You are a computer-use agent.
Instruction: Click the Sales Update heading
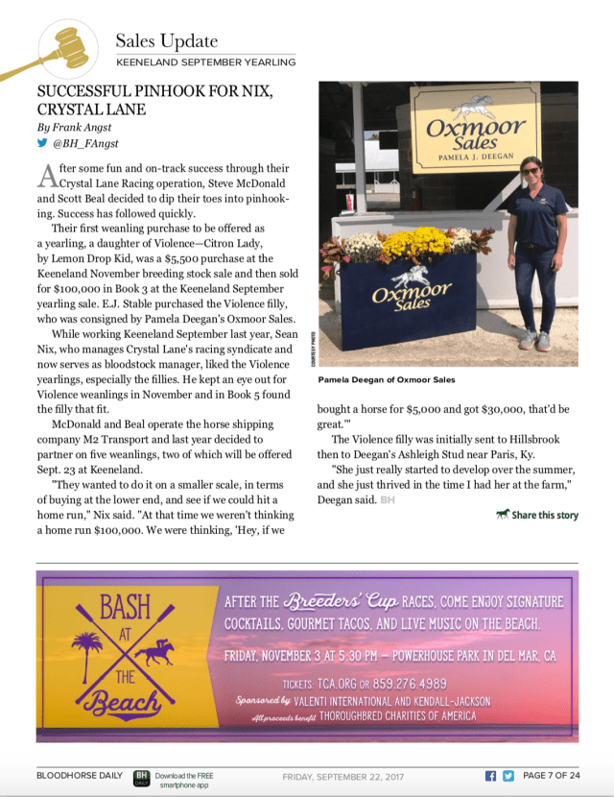click(166, 40)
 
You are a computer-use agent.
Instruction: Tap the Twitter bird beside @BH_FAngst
click(42, 143)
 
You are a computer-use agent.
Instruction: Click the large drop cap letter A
click(45, 176)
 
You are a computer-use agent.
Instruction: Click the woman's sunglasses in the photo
click(530, 170)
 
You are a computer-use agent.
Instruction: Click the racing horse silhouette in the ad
click(153, 654)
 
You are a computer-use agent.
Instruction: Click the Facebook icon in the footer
click(490, 776)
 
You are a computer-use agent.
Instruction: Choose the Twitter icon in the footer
click(508, 776)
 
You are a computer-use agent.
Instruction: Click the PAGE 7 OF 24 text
click(552, 776)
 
